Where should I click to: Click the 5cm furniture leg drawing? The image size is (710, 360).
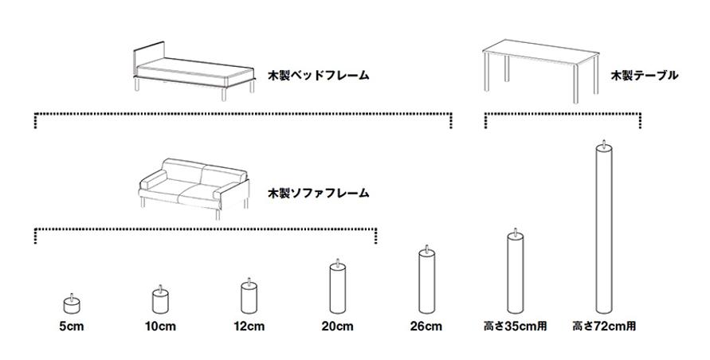[73, 303]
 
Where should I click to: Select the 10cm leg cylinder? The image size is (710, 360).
[161, 301]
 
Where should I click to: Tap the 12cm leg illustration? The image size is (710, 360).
[249, 298]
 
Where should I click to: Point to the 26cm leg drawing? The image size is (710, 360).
[426, 282]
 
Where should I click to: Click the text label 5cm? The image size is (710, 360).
[72, 327]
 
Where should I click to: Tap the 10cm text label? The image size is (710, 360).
[161, 327]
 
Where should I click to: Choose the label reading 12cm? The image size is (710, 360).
[249, 327]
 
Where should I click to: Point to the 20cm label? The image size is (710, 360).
[337, 327]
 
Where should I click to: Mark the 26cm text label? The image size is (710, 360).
[426, 327]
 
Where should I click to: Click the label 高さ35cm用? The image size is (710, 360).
[515, 327]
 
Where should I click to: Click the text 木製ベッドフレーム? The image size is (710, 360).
[319, 76]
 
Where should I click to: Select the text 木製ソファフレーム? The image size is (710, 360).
[319, 193]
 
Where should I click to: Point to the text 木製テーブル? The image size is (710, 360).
[644, 76]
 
